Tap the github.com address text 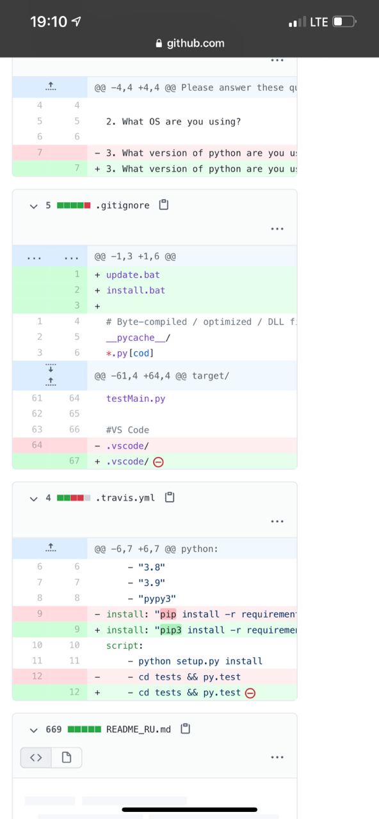[x=195, y=43]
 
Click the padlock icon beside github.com [x=159, y=43]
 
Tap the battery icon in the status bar [x=344, y=22]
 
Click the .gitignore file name [x=122, y=205]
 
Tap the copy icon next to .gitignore [x=164, y=205]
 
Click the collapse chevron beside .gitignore [x=34, y=206]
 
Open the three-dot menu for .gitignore [x=277, y=229]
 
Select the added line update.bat [x=133, y=274]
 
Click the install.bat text [x=136, y=290]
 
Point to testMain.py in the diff [x=136, y=399]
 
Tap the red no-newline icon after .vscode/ [x=158, y=462]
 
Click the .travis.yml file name [x=125, y=498]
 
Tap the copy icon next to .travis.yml [x=170, y=497]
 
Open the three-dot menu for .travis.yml [x=277, y=521]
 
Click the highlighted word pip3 [x=171, y=630]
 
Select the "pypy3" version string [x=157, y=598]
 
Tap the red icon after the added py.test [x=250, y=693]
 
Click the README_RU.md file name [x=138, y=729]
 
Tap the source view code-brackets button [x=36, y=758]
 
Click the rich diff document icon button [x=67, y=758]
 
